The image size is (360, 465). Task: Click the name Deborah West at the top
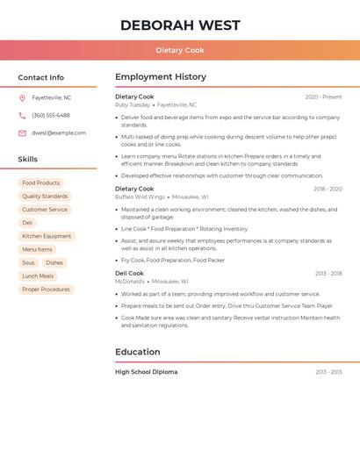[x=180, y=25]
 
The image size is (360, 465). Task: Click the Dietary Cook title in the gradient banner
[x=180, y=50]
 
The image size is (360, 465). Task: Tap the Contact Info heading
[x=41, y=77]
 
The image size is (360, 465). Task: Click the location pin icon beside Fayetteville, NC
[x=22, y=97]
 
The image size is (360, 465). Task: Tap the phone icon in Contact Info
[x=22, y=115]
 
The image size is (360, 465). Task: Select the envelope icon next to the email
[x=22, y=133]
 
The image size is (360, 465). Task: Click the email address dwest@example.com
[x=59, y=133]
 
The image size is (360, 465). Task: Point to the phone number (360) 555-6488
[x=51, y=115]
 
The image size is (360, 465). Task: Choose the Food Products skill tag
[x=41, y=183]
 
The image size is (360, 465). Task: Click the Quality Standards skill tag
[x=45, y=197]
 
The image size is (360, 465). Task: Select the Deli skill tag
[x=27, y=223]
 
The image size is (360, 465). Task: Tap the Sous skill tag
[x=28, y=262]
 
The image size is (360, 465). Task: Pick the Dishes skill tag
[x=54, y=262]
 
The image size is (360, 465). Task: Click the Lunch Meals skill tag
[x=38, y=275]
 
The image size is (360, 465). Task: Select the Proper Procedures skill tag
[x=46, y=290]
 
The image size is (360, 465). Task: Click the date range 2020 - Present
[x=323, y=97]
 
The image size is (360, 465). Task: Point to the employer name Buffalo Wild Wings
[x=140, y=197]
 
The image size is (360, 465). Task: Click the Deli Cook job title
[x=129, y=273]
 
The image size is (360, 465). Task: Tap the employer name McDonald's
[x=130, y=282]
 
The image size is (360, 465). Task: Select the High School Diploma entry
[x=146, y=372]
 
